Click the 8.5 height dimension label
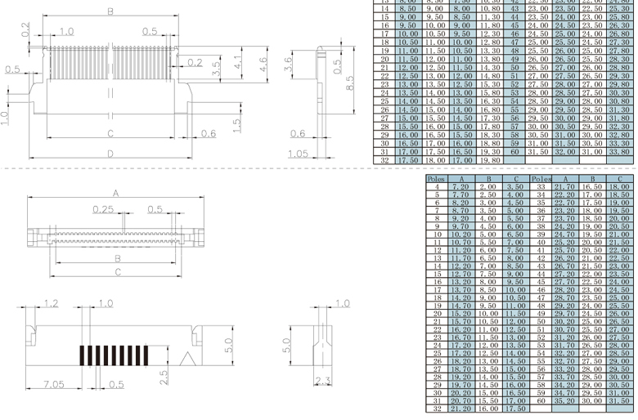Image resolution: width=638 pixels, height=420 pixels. [350, 83]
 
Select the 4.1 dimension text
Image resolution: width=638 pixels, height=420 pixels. [237, 62]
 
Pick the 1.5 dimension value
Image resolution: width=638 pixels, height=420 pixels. [236, 125]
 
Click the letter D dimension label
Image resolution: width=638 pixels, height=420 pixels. [110, 154]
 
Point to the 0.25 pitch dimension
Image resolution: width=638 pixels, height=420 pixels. [103, 209]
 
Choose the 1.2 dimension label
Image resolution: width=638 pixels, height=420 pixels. [52, 303]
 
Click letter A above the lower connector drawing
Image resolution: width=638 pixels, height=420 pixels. [115, 194]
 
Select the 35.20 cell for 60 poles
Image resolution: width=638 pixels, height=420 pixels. [565, 401]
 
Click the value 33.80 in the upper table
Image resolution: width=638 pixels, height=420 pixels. [619, 151]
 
